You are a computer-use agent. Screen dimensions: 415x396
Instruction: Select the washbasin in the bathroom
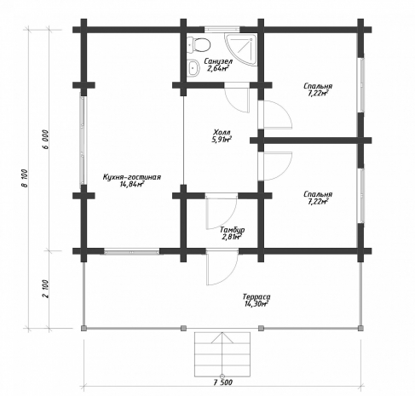click(x=194, y=68)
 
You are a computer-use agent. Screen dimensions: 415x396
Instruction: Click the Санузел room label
click(x=218, y=61)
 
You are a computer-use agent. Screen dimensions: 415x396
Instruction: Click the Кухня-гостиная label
click(x=132, y=177)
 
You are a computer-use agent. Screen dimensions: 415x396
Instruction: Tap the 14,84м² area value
click(x=132, y=184)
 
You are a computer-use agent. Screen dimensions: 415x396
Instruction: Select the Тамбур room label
click(x=233, y=230)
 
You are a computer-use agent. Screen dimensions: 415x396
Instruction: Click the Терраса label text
click(x=256, y=297)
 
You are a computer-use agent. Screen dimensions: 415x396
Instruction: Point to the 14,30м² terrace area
click(x=256, y=304)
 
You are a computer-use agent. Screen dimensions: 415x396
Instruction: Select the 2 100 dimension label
click(x=45, y=289)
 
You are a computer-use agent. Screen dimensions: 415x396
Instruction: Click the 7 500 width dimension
click(x=223, y=382)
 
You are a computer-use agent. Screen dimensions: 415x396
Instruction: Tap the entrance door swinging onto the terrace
click(x=222, y=268)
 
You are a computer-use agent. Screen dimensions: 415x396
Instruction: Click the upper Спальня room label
click(x=318, y=86)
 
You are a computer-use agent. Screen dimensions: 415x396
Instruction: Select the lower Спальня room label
click(x=318, y=194)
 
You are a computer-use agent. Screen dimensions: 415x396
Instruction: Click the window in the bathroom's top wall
click(x=222, y=30)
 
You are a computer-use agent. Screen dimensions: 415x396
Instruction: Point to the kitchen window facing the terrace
click(x=132, y=251)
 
